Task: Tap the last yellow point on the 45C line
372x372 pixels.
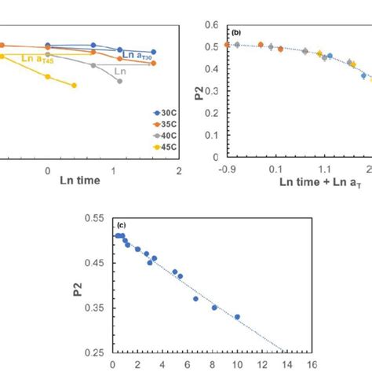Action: (x=75, y=86)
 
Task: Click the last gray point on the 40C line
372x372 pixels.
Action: (x=119, y=81)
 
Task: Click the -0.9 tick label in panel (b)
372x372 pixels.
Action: (x=228, y=169)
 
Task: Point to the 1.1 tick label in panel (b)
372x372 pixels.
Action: (x=323, y=169)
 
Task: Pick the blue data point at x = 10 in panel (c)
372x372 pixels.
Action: (x=237, y=317)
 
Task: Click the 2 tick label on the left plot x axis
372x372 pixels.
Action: (x=180, y=169)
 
